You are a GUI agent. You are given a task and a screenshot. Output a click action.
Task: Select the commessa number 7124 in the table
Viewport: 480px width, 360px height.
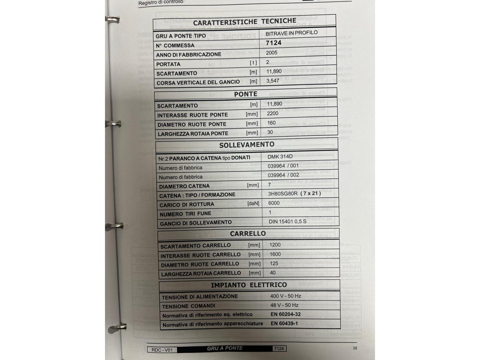[273, 43]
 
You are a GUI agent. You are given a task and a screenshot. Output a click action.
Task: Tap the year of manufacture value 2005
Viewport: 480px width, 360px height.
[271, 53]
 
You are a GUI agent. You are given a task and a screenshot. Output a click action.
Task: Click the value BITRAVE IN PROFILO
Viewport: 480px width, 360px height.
[291, 33]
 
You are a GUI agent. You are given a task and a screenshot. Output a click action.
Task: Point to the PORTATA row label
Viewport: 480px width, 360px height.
[168, 64]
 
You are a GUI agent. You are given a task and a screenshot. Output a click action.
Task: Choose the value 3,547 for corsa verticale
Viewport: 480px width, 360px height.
[273, 81]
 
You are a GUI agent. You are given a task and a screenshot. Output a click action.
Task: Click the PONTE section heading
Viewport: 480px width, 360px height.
[245, 94]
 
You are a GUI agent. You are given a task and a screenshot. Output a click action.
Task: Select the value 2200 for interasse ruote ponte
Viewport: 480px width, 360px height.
[273, 113]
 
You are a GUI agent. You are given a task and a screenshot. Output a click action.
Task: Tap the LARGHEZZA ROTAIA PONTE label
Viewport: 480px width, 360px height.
[193, 133]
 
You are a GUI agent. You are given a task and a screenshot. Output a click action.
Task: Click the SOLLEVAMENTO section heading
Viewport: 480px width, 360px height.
[247, 145]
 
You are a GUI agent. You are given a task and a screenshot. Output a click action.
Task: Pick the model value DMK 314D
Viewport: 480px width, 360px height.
[280, 157]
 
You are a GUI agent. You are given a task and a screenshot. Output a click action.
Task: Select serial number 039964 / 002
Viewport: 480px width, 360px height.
[283, 175]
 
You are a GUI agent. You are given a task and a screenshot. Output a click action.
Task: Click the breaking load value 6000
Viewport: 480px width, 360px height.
[274, 203]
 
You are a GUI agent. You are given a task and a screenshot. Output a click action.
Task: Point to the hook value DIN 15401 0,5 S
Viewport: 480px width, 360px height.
[287, 221]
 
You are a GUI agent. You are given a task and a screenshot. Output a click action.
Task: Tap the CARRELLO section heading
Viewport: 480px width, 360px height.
[248, 233]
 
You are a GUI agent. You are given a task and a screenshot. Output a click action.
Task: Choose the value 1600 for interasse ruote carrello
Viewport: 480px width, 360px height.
[275, 254]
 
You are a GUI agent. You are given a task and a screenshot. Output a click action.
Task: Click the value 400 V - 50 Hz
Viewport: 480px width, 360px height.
[285, 296]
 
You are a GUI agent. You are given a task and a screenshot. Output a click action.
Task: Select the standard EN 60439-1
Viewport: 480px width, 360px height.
[284, 323]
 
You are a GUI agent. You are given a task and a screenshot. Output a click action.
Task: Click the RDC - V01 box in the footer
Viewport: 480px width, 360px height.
[162, 350]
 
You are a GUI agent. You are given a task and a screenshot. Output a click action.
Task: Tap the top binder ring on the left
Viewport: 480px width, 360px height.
[113, 20]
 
